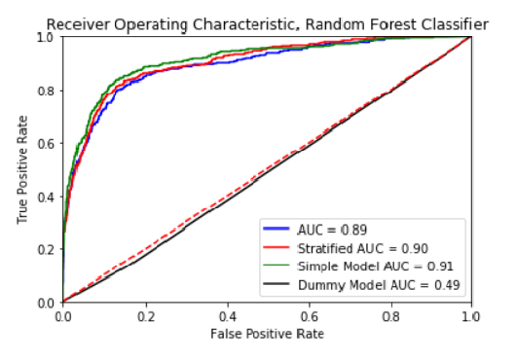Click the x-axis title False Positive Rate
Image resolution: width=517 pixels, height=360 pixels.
pyautogui.click(x=267, y=334)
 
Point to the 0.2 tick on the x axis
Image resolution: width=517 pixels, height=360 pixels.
pyautogui.click(x=144, y=316)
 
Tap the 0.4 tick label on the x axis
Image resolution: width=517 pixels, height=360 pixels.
pyautogui.click(x=226, y=316)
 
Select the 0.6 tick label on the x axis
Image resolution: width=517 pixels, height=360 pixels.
pyautogui.click(x=308, y=316)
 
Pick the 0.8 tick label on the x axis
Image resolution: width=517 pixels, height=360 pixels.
pyautogui.click(x=389, y=316)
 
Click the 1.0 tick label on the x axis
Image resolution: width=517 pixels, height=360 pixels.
pyautogui.click(x=471, y=316)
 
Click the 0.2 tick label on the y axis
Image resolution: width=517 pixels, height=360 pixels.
pyautogui.click(x=46, y=249)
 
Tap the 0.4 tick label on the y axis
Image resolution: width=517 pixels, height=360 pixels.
pyautogui.click(x=46, y=197)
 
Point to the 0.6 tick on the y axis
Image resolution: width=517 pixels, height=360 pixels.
pyautogui.click(x=46, y=143)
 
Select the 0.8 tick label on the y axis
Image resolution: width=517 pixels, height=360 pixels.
pyautogui.click(x=46, y=90)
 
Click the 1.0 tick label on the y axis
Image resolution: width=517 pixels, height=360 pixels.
pyautogui.click(x=46, y=37)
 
